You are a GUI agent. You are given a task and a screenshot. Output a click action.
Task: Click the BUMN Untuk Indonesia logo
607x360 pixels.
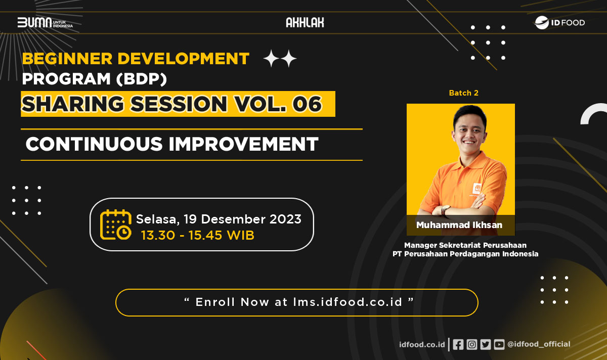coord(45,22)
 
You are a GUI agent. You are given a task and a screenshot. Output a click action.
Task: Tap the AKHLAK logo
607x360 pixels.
coord(305,22)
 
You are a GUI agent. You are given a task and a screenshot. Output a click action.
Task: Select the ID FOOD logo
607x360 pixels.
coord(559,22)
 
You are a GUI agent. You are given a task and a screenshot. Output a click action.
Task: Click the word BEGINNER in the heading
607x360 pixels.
coord(67,59)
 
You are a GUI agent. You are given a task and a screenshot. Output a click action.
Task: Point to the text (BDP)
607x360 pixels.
coord(142,79)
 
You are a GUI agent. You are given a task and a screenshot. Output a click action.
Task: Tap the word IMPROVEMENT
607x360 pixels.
coord(244,144)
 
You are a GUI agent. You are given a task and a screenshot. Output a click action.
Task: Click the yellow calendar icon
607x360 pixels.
coord(116,224)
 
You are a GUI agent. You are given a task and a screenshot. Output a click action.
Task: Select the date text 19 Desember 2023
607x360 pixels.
coord(242,219)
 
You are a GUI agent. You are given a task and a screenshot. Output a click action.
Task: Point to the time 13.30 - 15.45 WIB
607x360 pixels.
coord(198,235)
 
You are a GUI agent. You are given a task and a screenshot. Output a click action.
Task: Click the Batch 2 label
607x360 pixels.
coord(464,93)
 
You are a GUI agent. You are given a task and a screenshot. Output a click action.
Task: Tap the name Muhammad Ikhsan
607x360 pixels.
coord(459,225)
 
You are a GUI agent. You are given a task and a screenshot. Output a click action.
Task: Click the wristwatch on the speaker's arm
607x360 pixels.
coord(445,209)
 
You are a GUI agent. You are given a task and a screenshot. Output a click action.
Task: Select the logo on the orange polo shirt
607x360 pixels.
coord(476,188)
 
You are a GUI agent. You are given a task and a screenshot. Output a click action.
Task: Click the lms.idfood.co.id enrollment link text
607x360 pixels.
coord(348,302)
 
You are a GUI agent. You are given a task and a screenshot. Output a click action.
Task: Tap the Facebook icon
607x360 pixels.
coord(458,344)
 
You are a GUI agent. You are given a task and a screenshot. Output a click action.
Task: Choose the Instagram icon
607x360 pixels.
coord(472,344)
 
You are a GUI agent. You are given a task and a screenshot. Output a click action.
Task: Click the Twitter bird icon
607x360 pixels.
coord(485,344)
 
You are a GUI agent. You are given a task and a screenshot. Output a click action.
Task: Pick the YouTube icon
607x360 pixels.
coord(499,344)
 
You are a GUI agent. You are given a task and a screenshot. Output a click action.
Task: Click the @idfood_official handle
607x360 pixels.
coord(539,344)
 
